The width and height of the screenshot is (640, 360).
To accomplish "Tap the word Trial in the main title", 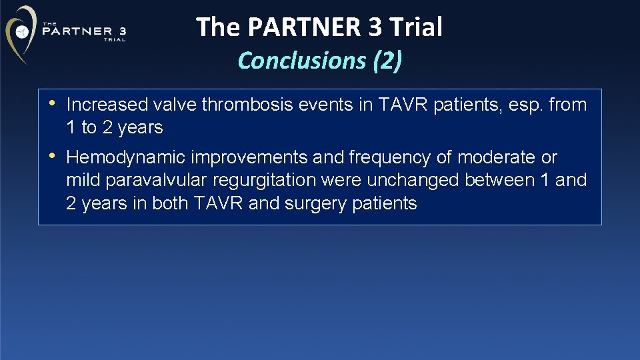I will (416, 27).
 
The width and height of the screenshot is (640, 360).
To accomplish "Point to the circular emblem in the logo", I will (23, 31).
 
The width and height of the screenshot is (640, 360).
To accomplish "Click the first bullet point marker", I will (52, 104).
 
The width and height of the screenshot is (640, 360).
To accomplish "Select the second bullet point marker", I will (52, 157).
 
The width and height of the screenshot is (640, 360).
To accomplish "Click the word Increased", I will (107, 105).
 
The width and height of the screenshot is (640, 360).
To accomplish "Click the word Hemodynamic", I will (126, 157).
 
